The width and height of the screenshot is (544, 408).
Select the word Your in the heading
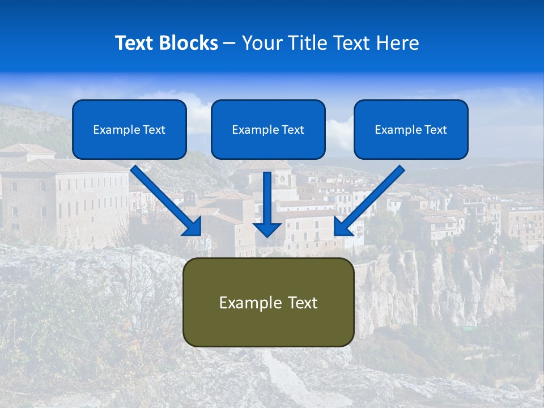(262, 43)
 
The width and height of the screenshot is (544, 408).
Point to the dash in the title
(229, 44)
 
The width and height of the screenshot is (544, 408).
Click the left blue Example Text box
(129, 129)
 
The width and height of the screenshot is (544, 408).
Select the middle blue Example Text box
(268, 129)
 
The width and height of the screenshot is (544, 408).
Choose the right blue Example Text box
(411, 129)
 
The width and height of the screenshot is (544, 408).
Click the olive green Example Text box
(268, 302)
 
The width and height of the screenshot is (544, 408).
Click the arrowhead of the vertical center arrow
(267, 230)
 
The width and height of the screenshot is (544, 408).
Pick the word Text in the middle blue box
(293, 130)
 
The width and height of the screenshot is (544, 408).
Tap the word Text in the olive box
(302, 303)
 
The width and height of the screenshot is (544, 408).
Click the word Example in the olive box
(250, 303)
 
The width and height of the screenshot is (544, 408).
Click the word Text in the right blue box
(436, 130)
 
